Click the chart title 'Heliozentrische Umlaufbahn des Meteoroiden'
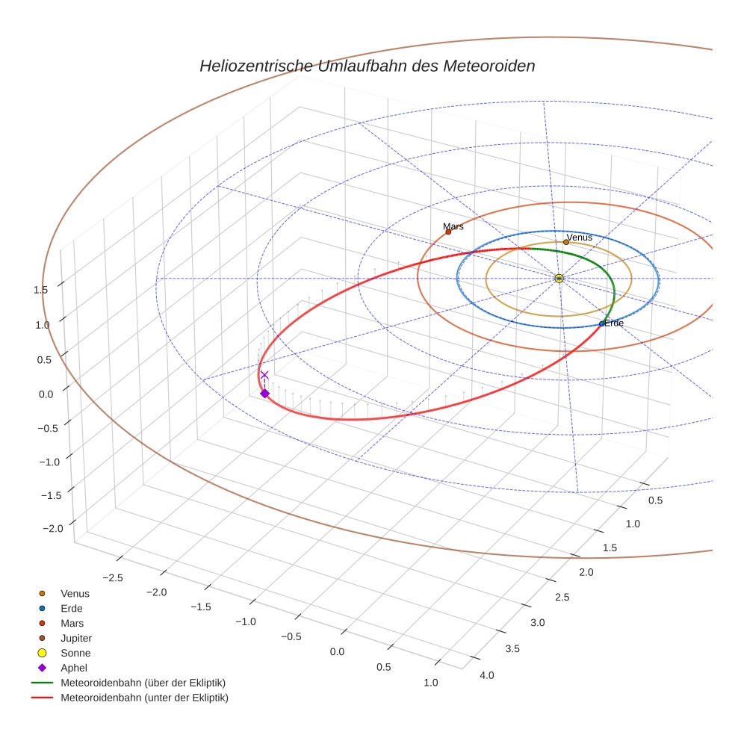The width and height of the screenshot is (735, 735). (367, 66)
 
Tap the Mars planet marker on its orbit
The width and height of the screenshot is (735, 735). (448, 232)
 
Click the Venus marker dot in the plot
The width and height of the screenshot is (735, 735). (566, 242)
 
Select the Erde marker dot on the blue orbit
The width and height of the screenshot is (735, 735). (602, 323)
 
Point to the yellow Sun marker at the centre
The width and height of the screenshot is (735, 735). (559, 278)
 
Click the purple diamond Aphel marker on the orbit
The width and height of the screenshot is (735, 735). (264, 394)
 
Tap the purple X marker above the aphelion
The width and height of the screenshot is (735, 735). (264, 375)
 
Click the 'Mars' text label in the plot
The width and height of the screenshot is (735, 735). (453, 226)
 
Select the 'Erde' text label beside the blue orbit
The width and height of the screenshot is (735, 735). (614, 323)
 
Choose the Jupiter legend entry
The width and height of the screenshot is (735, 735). (75, 638)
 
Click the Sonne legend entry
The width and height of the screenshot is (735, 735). (75, 653)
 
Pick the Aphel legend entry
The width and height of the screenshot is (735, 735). (73, 668)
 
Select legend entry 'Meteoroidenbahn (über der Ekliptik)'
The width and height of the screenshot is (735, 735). (143, 683)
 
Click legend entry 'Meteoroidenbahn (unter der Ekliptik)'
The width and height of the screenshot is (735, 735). (144, 698)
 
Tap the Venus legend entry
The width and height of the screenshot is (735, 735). (75, 593)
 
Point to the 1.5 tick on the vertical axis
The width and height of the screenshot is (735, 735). (41, 290)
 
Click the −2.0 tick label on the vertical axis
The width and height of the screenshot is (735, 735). (53, 529)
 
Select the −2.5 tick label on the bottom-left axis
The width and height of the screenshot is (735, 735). (112, 578)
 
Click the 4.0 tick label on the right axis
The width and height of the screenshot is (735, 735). (486, 676)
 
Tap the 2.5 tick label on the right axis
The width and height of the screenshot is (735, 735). (561, 597)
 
